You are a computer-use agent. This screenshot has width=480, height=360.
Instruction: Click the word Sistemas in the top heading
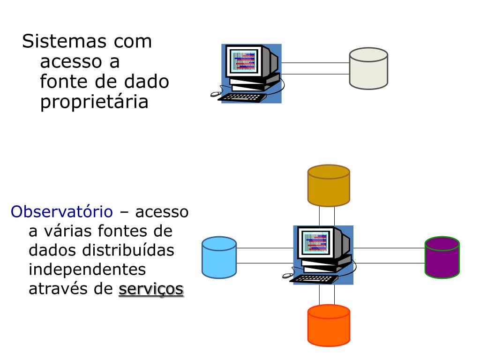[x=64, y=41]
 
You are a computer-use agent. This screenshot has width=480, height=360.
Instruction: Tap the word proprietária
[x=94, y=102]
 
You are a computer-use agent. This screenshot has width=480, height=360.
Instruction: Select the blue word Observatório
[x=62, y=212]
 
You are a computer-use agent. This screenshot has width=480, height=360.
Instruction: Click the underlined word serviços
[x=151, y=289]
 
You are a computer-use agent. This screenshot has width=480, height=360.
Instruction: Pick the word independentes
[x=87, y=270]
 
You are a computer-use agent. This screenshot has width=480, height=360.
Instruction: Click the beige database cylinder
[x=368, y=68]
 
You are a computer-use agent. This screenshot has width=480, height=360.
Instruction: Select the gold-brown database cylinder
[x=329, y=186]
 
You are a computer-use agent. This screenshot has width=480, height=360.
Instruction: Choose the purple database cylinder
[x=442, y=257]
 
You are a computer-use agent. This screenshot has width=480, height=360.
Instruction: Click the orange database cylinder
[x=329, y=325]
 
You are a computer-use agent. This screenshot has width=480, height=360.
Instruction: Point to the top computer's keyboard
[x=242, y=97]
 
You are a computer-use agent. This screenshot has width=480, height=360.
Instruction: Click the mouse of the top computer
[x=215, y=94]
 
